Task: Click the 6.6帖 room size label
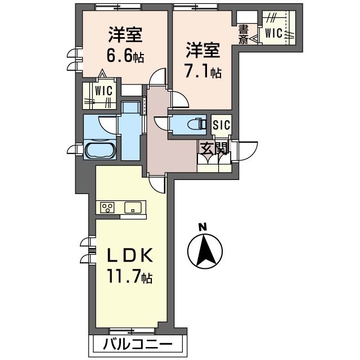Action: tap(125, 57)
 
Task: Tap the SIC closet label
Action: tap(221, 125)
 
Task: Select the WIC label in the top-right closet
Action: tap(274, 33)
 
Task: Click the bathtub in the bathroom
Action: tap(100, 151)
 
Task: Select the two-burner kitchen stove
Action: tap(107, 208)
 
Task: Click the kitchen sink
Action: tap(133, 207)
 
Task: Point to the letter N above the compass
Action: tap(203, 227)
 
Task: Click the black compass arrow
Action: tap(204, 250)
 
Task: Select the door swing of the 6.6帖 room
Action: tap(159, 78)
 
